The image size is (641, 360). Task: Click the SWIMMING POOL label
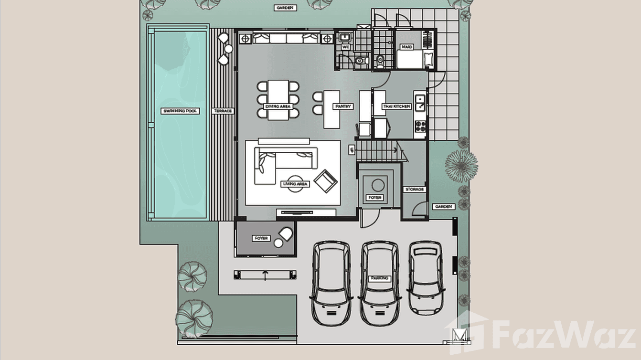click(181, 111)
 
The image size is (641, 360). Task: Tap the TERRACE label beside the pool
click(223, 111)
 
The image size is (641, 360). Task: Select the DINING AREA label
click(278, 106)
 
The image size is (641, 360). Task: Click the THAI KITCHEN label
click(396, 106)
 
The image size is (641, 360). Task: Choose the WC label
click(346, 47)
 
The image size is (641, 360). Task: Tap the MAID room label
click(407, 47)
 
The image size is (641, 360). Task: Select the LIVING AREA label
click(296, 184)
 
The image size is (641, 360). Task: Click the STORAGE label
click(414, 190)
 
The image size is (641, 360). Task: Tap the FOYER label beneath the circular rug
click(375, 197)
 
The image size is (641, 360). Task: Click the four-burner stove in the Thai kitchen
click(421, 127)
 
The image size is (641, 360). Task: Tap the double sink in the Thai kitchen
click(421, 103)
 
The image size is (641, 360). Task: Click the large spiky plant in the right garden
click(461, 166)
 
